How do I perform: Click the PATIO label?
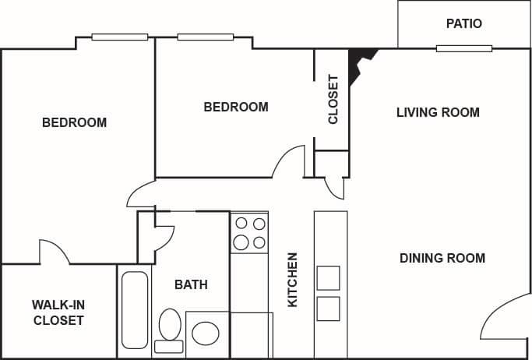(x=463, y=23)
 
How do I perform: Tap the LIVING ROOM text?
(x=438, y=112)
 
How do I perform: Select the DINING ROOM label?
(x=442, y=258)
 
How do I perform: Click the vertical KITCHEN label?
(x=293, y=279)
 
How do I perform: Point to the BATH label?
(x=191, y=284)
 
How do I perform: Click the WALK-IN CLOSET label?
(x=58, y=312)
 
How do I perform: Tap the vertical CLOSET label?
(x=333, y=99)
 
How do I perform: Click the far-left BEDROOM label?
(x=74, y=122)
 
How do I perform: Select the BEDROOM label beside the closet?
(x=236, y=107)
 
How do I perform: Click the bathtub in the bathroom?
(x=136, y=309)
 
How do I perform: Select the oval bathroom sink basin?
(x=206, y=334)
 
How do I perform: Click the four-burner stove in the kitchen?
(x=250, y=233)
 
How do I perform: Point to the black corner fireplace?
(x=360, y=62)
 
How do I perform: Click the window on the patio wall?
(x=463, y=48)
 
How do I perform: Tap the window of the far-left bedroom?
(x=119, y=37)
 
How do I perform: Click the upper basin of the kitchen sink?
(x=328, y=277)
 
